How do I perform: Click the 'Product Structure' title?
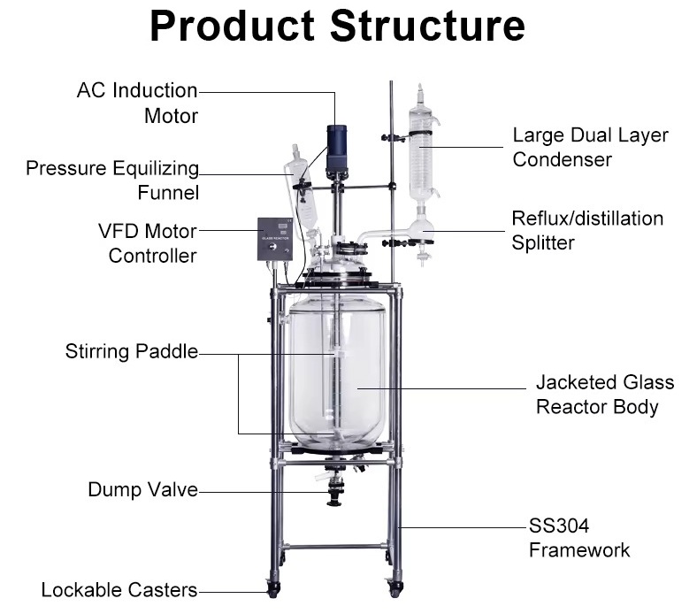pos(337,27)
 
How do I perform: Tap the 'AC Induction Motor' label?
pos(137,103)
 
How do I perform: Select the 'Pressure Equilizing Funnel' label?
pos(112,180)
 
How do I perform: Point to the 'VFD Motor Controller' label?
pos(148,243)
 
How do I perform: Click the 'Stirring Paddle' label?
pos(131,352)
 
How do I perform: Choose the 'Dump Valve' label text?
pos(142,489)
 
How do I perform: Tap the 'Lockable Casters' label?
pos(119,589)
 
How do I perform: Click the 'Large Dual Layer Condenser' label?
pos(590,148)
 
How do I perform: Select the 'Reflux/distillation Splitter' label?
pos(587,230)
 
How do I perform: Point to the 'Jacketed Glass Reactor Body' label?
pos(604,395)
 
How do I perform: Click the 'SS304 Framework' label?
pos(579,538)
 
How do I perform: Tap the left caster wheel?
pos(274,587)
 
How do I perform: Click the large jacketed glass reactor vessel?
pos(336,372)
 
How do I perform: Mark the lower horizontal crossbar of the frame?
pos(335,547)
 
